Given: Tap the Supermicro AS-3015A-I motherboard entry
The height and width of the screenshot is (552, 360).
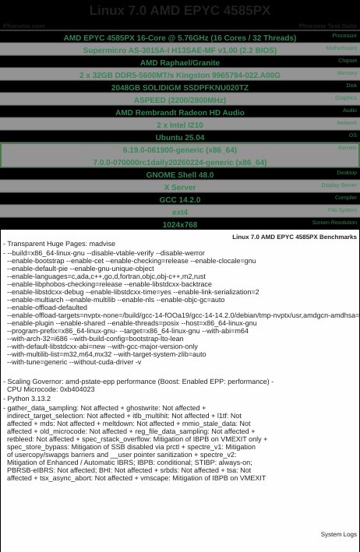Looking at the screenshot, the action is tap(180, 51).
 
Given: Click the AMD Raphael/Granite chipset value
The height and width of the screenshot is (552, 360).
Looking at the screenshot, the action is tap(180, 63).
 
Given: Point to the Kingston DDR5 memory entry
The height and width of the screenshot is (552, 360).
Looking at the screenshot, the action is tap(180, 76).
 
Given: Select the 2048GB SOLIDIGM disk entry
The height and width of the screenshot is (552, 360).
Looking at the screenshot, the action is tap(180, 88).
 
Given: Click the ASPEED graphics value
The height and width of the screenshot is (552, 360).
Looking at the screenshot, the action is tap(180, 100).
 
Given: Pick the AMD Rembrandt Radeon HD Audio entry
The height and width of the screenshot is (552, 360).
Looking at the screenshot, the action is tap(180, 112).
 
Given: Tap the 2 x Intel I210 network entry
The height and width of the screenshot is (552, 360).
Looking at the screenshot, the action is tap(180, 125).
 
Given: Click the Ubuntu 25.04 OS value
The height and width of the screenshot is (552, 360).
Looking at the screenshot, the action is tap(180, 137).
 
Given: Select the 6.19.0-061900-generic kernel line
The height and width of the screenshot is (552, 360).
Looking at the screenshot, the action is tap(180, 149).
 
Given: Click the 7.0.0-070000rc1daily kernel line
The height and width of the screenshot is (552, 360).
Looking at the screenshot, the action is tap(180, 162).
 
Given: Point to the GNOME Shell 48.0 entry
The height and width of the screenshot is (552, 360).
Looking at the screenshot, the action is tap(180, 174).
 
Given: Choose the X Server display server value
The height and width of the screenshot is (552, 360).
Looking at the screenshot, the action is tap(180, 187).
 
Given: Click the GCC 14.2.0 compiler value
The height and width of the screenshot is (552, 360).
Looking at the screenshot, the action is tap(180, 199).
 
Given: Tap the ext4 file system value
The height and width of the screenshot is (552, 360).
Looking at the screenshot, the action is tap(180, 212).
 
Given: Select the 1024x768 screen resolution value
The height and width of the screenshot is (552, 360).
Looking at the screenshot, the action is tap(180, 224).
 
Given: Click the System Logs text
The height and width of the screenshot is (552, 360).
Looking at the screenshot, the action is tap(338, 534).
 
